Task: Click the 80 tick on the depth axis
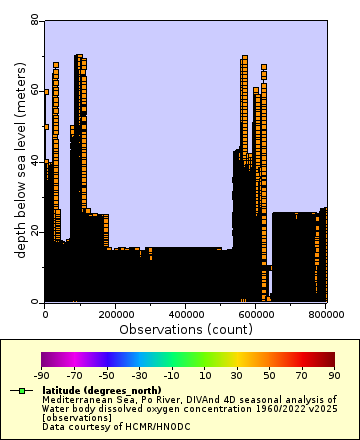35,20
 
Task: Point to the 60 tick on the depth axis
35,90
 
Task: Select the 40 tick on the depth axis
35,160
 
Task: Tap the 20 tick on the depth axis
35,231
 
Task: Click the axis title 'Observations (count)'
186,328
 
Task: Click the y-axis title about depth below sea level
20,160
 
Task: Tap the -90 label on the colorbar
42,376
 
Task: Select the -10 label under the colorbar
172,376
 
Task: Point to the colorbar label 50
270,376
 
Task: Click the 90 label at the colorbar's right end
334,376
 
